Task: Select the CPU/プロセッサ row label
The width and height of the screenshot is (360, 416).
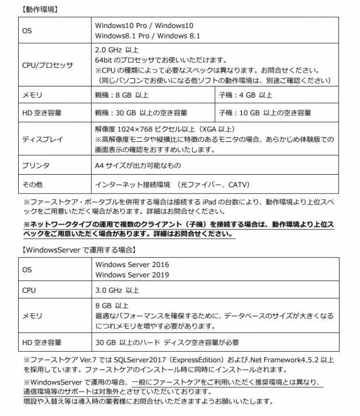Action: [47, 65]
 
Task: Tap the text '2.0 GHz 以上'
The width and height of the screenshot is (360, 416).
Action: [117, 49]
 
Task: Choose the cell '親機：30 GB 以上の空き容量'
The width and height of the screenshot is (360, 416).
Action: [141, 112]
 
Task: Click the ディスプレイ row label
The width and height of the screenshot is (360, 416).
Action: [39, 140]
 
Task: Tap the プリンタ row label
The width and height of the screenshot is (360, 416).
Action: [35, 165]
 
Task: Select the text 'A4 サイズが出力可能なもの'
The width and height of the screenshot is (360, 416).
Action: [138, 165]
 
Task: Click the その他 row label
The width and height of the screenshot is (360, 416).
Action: [32, 185]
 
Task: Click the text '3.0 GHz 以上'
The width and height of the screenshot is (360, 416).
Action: [117, 290]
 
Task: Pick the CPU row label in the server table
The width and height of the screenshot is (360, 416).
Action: [29, 290]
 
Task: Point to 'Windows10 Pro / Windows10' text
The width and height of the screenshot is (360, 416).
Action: [144, 26]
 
